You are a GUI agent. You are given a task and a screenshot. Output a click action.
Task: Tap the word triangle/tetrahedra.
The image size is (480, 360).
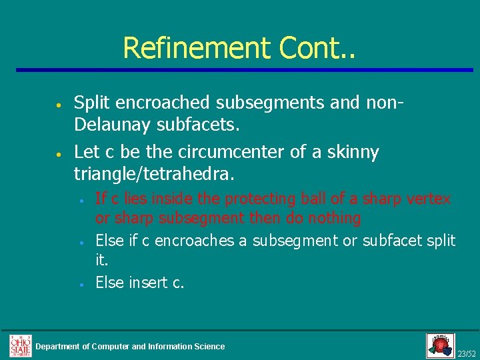click(x=154, y=175)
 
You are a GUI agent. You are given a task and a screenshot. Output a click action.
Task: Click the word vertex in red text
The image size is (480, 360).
click(x=431, y=199)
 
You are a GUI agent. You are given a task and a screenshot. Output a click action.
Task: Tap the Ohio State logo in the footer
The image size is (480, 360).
click(x=20, y=345)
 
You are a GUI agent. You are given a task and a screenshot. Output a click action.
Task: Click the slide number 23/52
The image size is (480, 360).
click(x=466, y=353)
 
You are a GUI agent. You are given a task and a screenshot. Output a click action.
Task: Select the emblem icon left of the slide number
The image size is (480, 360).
click(x=440, y=345)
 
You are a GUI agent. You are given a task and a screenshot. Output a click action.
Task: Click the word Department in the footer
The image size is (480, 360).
click(x=62, y=346)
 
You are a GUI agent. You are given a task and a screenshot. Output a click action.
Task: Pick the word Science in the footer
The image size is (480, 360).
click(x=209, y=346)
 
